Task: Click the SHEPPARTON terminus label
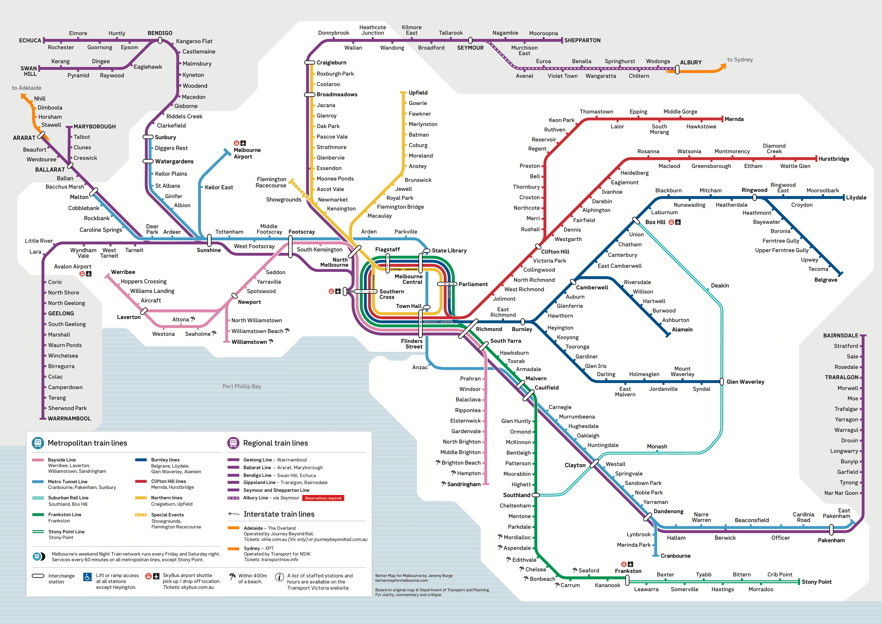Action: pos(582,40)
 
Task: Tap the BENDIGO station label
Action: pos(160,33)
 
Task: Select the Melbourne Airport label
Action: pos(247,153)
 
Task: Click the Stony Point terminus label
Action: pos(816,582)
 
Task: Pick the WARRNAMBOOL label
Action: pos(69,419)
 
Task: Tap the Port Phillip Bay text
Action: pos(241,386)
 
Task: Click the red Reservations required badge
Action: pos(323,498)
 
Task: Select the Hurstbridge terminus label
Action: pos(833,159)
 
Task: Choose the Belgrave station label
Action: pos(825,280)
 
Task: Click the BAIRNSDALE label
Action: pos(840,336)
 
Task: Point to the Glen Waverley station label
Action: pos(745,381)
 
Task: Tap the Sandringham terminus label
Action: pos(463,484)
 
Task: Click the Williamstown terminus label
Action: pos(249,342)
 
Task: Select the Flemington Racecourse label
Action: pos(271,182)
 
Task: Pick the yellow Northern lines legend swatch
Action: pos(141,498)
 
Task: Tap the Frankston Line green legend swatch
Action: pos(37,514)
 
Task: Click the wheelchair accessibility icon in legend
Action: pos(87,577)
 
